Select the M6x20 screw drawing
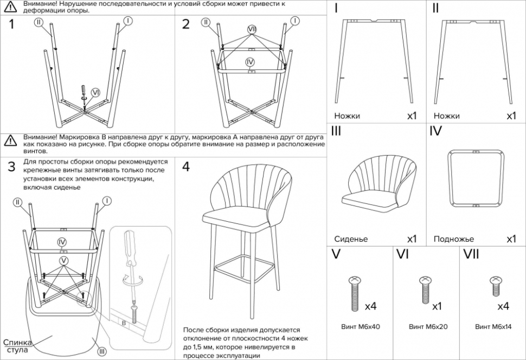pos(425,290)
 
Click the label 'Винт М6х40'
pos(361,327)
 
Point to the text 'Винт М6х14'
pos(493,327)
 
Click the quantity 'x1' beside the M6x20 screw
pos(437,306)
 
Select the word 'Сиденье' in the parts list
pos(351,239)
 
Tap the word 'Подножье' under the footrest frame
pos(453,239)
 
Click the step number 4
pos(186,166)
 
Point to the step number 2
pos(186,24)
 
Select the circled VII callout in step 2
pos(252,28)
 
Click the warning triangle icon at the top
pos(10,7)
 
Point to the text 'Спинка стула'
pos(18,346)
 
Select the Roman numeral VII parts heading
pos(473,253)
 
